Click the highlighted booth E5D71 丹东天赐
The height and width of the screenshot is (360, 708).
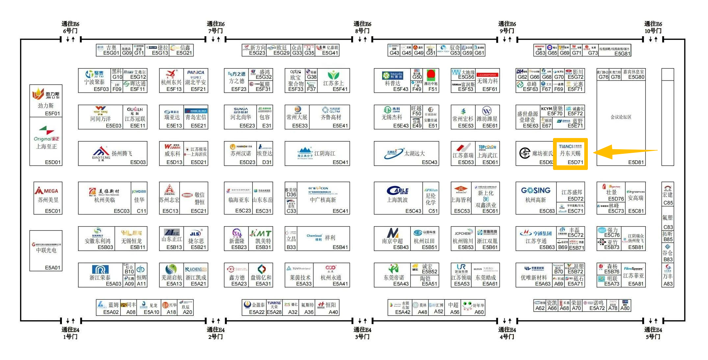570,154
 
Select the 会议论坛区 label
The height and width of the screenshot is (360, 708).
621,117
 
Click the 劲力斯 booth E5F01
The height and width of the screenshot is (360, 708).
46,101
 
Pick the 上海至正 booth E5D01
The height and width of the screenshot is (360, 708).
46,142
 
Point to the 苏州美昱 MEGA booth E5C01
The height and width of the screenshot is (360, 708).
48,198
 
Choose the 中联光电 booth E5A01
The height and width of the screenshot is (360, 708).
46,250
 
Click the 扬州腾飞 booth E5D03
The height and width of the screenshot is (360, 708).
112,153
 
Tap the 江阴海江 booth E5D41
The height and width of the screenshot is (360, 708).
317,153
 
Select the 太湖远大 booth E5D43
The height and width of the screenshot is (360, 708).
406,153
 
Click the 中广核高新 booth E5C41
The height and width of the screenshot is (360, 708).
317,198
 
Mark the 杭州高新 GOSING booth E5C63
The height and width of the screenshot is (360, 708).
536,198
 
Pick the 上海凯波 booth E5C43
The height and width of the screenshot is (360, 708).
398,198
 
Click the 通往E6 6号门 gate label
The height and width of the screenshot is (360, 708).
70,27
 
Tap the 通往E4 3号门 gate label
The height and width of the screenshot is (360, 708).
362,333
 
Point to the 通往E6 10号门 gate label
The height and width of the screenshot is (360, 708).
653,27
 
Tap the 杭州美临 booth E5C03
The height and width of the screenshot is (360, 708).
104,198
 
